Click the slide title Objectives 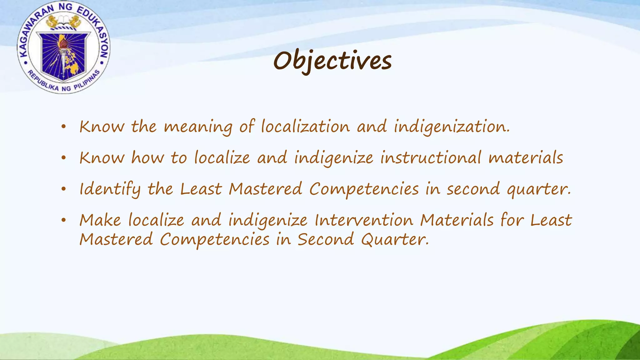(332, 61)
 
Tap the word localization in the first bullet (305, 127)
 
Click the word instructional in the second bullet (430, 158)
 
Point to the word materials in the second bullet (526, 158)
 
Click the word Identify (110, 189)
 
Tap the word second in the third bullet (473, 189)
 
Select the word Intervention (364, 220)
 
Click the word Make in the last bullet (100, 220)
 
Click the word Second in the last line (326, 240)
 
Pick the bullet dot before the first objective (64, 127)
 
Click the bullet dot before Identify (64, 189)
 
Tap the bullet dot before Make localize (64, 220)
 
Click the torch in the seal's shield (64, 50)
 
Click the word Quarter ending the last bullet (394, 240)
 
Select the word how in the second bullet (147, 158)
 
